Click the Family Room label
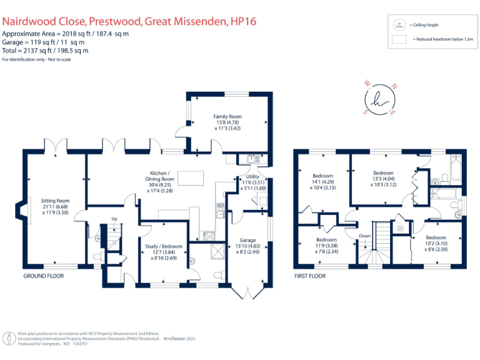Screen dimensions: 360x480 tap(227, 116)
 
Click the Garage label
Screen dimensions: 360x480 tap(248, 240)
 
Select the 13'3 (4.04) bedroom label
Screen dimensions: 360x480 tap(383, 173)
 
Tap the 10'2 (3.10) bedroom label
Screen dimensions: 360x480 tap(436, 238)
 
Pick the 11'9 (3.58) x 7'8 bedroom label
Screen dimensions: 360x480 tap(326, 240)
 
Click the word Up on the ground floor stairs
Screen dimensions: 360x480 tap(114, 219)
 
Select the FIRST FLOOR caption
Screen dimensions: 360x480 tap(310, 276)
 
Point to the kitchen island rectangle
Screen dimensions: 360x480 tap(191, 178)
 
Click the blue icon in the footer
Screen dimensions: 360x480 tap(9, 339)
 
